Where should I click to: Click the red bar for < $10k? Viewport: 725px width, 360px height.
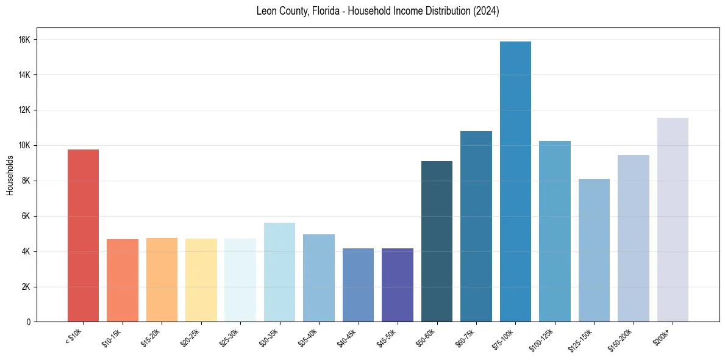click(x=83, y=236)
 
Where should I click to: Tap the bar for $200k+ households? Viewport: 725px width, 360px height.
click(x=673, y=220)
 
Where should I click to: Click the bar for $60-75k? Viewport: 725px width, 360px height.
click(x=476, y=226)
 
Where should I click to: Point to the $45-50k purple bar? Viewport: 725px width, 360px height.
click(x=398, y=285)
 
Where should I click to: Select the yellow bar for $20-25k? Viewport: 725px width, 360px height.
click(x=201, y=280)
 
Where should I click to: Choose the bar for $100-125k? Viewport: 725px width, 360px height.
click(x=555, y=231)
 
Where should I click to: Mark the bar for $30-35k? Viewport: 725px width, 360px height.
click(x=279, y=272)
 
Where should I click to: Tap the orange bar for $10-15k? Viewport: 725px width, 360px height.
click(x=123, y=280)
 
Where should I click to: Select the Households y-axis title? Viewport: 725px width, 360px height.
click(x=10, y=175)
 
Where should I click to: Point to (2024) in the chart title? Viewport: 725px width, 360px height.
click(x=486, y=11)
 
